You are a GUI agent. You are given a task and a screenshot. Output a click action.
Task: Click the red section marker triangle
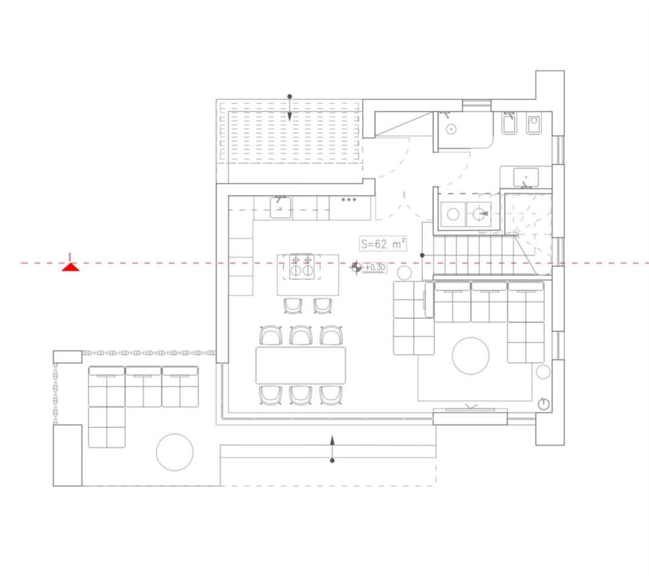click(x=70, y=267)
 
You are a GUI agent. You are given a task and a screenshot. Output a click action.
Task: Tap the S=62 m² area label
click(x=383, y=244)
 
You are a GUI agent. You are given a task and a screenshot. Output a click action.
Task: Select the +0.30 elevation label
click(x=375, y=267)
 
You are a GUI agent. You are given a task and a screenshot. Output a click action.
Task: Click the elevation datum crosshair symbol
click(x=355, y=267)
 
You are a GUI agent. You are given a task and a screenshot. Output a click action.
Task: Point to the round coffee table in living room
click(x=471, y=356)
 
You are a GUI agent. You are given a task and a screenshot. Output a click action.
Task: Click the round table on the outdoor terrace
click(x=175, y=452)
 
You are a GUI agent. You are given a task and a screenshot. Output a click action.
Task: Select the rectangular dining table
click(x=300, y=366)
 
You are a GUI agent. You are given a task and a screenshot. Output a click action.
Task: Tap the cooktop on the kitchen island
click(x=301, y=266)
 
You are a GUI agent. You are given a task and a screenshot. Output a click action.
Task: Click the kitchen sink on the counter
click(x=280, y=207)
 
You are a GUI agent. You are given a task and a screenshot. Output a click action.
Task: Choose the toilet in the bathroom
click(x=534, y=124)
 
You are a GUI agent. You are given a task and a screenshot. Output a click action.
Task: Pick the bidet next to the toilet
click(x=509, y=123)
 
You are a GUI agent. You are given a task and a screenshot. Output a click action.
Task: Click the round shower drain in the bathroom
click(x=451, y=129)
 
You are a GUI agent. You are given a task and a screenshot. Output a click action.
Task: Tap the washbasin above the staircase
click(x=526, y=177)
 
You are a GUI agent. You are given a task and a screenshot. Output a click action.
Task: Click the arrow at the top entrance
click(x=290, y=108)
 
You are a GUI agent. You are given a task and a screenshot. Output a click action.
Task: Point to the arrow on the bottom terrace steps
click(x=332, y=449)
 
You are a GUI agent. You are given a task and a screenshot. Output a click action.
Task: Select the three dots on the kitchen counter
click(x=349, y=200)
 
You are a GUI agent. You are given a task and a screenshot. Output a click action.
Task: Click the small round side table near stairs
click(x=405, y=273)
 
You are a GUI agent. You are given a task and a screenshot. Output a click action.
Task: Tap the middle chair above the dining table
click(x=300, y=335)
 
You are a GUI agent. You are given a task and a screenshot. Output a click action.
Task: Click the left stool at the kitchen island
click(x=293, y=306)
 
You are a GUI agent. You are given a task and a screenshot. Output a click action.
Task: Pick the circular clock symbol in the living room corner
click(x=543, y=404)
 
